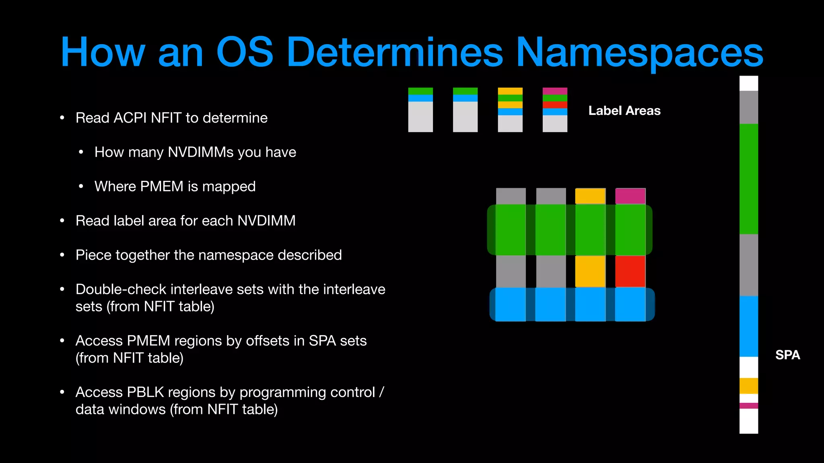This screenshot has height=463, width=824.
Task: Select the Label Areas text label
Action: point(624,111)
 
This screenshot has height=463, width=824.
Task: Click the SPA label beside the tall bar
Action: point(787,355)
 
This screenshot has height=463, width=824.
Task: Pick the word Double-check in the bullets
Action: point(121,289)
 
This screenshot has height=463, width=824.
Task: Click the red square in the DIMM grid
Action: point(630,271)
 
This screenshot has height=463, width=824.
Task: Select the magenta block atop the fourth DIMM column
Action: point(630,196)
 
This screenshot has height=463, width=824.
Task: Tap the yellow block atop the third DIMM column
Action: point(590,196)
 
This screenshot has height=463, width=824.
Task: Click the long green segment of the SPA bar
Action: point(749,179)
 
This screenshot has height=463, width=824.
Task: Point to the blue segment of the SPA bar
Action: point(749,326)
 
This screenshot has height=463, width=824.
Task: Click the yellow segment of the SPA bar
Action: point(749,386)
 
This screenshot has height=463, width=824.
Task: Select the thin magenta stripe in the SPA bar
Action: point(749,406)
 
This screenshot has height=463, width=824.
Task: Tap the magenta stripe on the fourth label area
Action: point(555,91)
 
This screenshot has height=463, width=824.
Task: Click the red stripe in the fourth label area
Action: point(555,105)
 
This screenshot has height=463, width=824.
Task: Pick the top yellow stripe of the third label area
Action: point(510,91)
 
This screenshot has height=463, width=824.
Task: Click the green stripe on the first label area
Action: point(420,91)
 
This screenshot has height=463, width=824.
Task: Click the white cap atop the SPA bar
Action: point(749,83)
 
